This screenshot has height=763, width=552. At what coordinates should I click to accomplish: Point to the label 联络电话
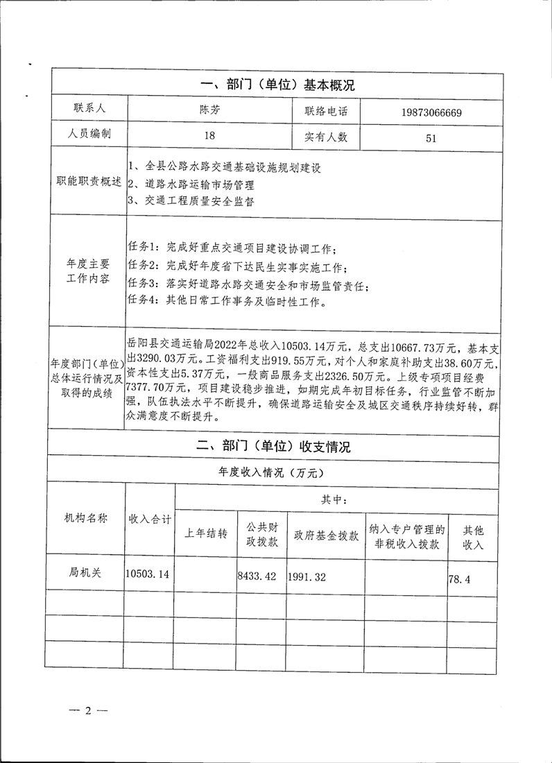326,111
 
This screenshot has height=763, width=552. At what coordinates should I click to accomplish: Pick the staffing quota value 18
209,137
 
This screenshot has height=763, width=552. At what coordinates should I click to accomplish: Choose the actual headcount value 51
431,137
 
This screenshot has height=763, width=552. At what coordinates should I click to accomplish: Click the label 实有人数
326,137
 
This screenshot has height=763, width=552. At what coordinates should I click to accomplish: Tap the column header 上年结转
205,534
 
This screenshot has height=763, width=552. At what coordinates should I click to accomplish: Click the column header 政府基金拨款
326,535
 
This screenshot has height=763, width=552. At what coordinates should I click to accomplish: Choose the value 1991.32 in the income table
308,575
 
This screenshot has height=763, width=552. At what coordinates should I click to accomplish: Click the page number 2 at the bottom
88,710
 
